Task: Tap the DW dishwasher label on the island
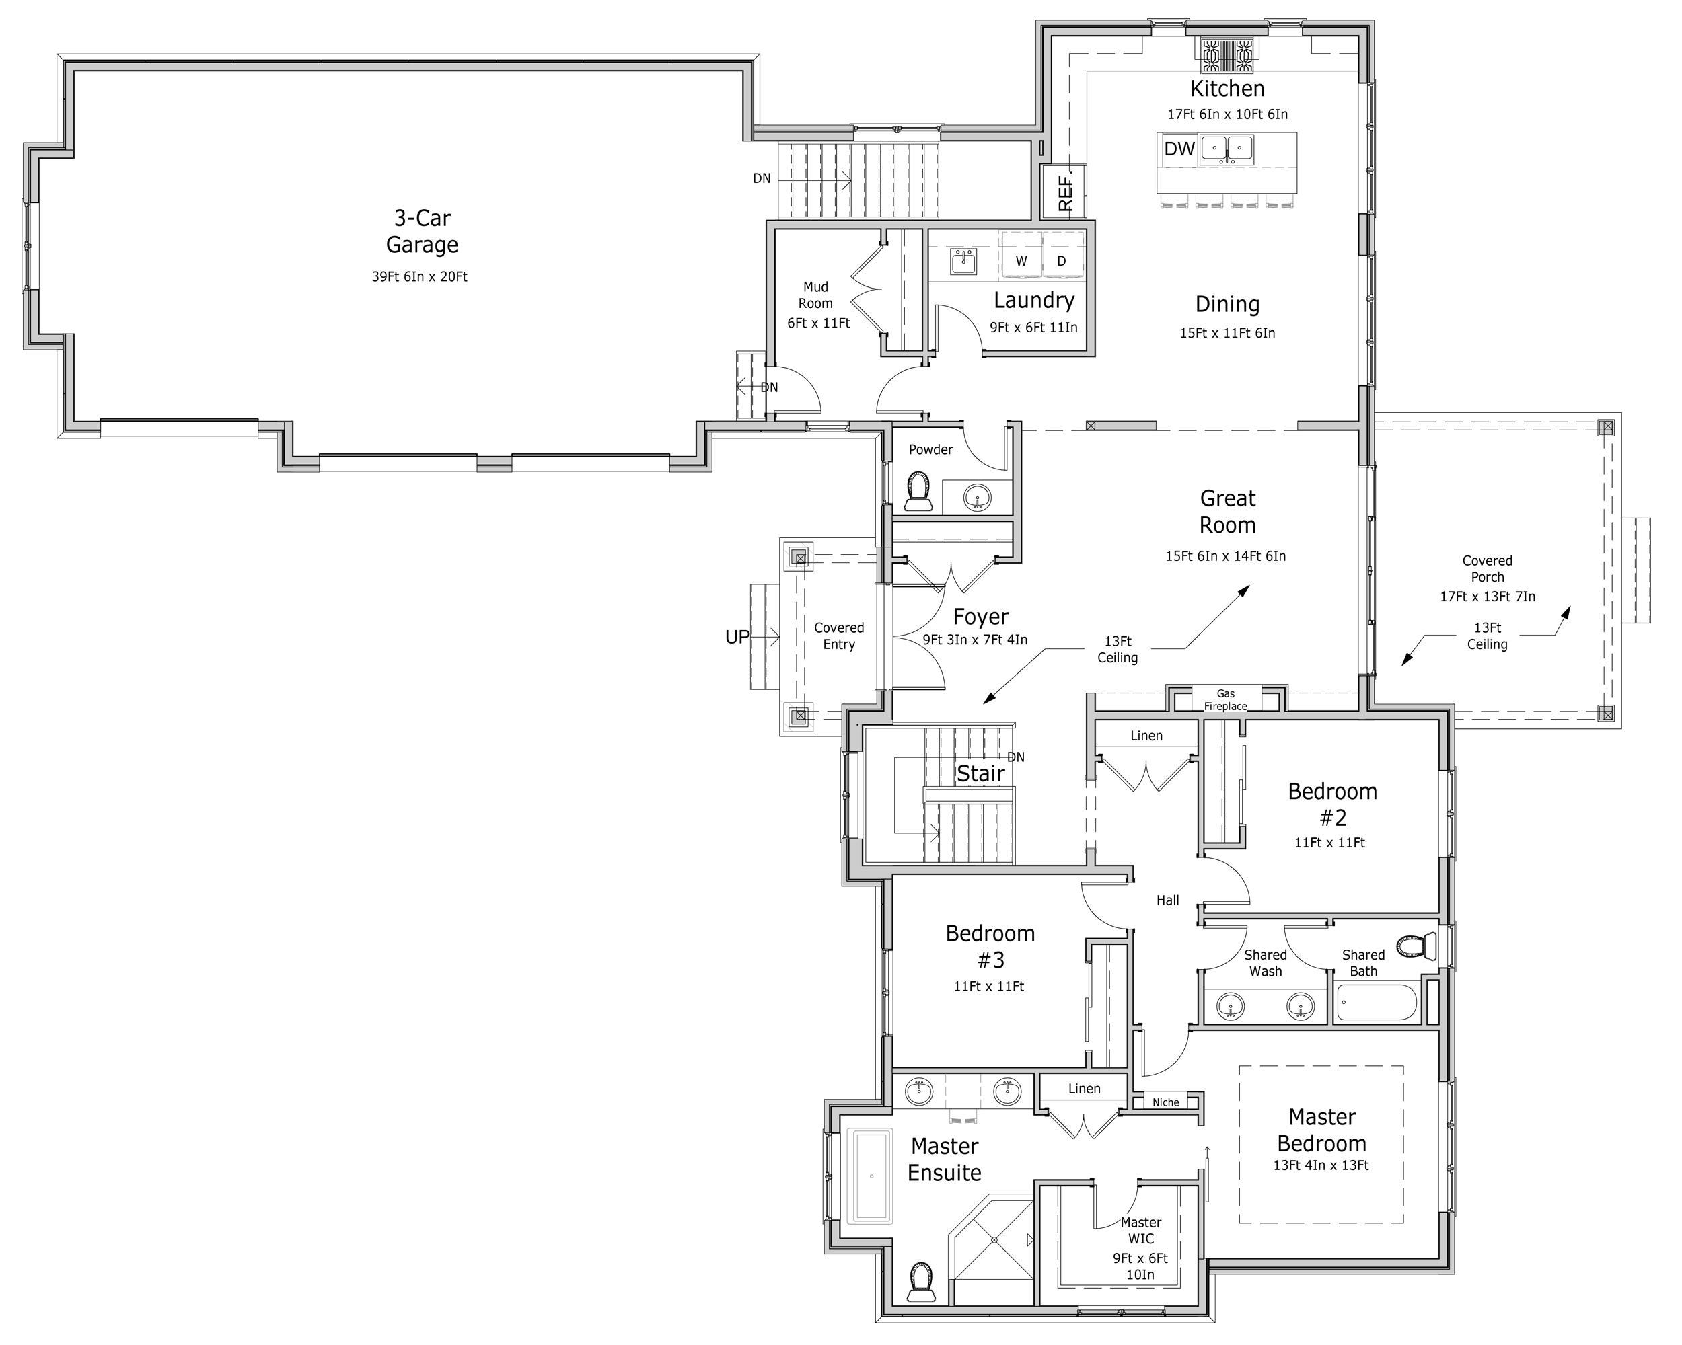pos(1179,149)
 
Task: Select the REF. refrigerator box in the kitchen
pos(1066,192)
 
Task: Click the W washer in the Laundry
pos(1021,261)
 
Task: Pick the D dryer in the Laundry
pos(1061,261)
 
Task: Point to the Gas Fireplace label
pos(1225,699)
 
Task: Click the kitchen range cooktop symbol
pos(1227,56)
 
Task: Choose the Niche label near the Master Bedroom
pos(1165,1102)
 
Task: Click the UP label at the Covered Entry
pos(737,637)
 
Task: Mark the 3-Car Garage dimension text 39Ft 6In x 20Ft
pos(420,277)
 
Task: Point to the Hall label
pos(1167,900)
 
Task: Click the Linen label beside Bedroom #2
pos(1146,735)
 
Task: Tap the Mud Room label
pos(815,295)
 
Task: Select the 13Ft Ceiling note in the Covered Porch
pos(1487,636)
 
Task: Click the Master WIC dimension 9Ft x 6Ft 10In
pos(1140,1266)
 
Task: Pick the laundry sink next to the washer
pos(963,262)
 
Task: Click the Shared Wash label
pos(1265,963)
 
